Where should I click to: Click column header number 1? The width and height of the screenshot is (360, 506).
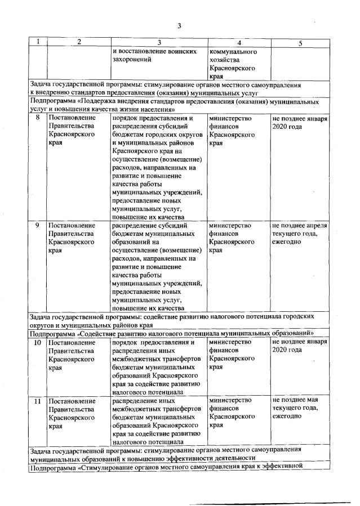click(38, 42)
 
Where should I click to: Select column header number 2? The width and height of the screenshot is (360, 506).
click(78, 42)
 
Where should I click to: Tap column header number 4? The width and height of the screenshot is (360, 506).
click(239, 43)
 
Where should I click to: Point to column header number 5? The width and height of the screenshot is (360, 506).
click(300, 43)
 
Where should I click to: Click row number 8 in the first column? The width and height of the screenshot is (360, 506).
click(38, 118)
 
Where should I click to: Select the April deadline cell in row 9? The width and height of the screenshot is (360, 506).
click(299, 234)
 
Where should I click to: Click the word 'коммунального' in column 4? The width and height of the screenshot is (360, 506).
click(233, 51)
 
